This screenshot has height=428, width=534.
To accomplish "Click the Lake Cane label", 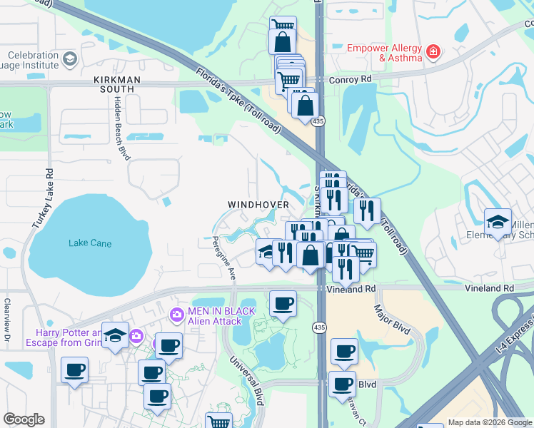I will pos(90,243).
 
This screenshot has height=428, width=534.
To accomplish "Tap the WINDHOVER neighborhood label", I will pos(258,205).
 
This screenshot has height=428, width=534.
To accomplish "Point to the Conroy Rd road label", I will pos(351,80).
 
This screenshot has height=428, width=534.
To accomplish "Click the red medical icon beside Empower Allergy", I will pos(432,51).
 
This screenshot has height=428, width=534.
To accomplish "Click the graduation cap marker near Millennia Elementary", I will pos(497,222).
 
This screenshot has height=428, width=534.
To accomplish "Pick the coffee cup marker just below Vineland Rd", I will pos(283,303).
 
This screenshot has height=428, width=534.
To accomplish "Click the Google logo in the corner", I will pos(24,419).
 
